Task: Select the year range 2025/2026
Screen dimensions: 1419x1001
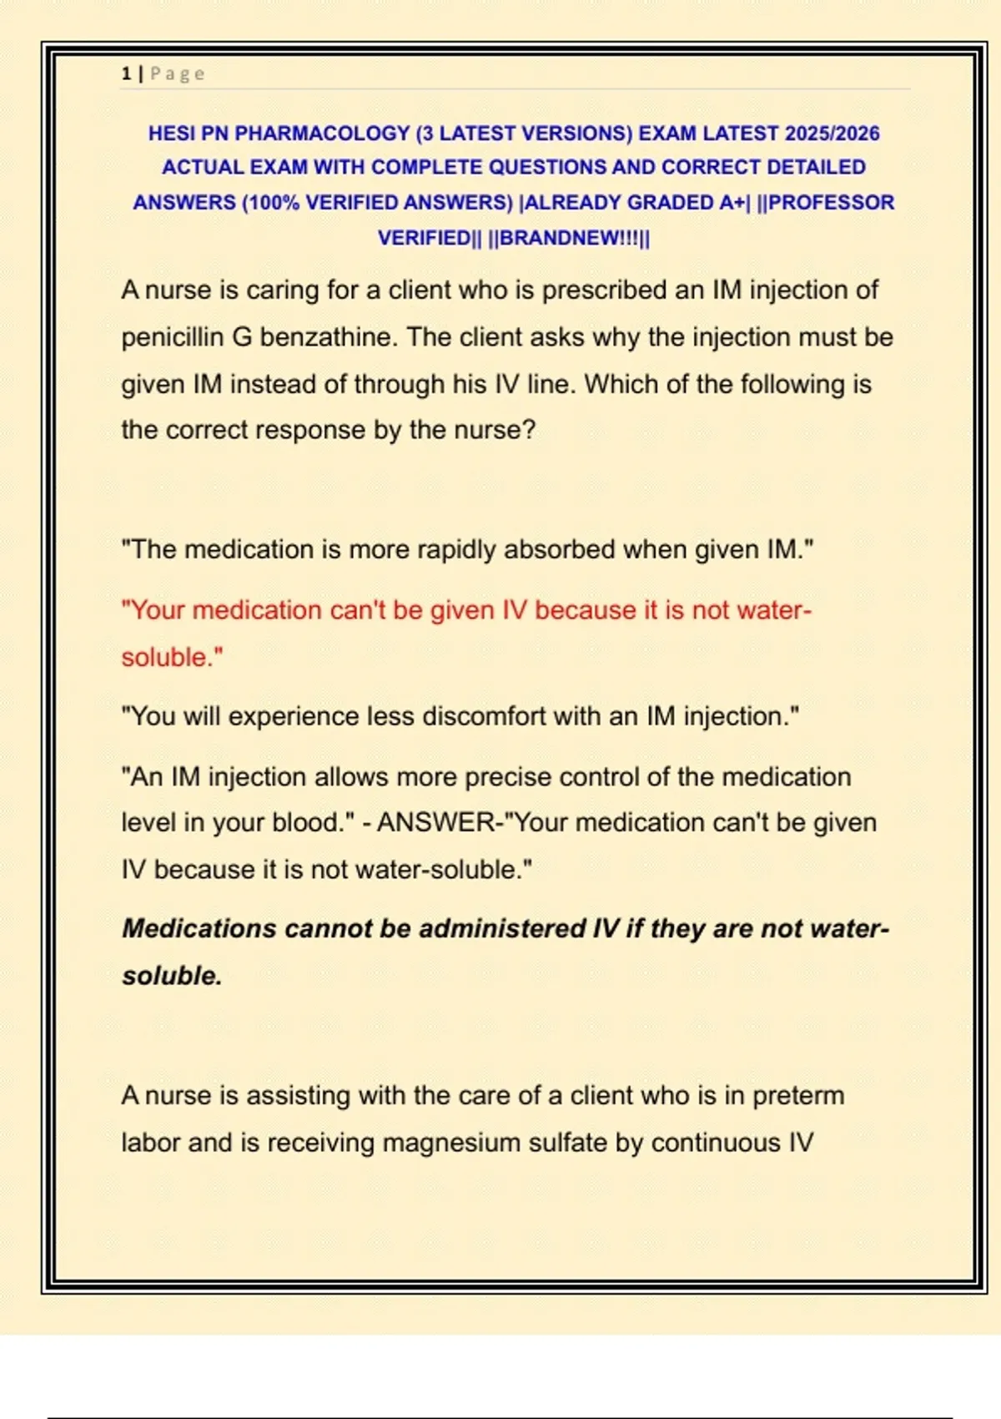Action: [x=832, y=134]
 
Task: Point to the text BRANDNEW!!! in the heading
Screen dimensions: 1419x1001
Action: [x=568, y=238]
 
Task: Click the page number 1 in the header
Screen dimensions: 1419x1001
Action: [x=126, y=73]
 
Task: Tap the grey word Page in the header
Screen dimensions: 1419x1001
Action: [x=178, y=73]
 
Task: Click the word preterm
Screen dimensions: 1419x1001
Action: [x=798, y=1095]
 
